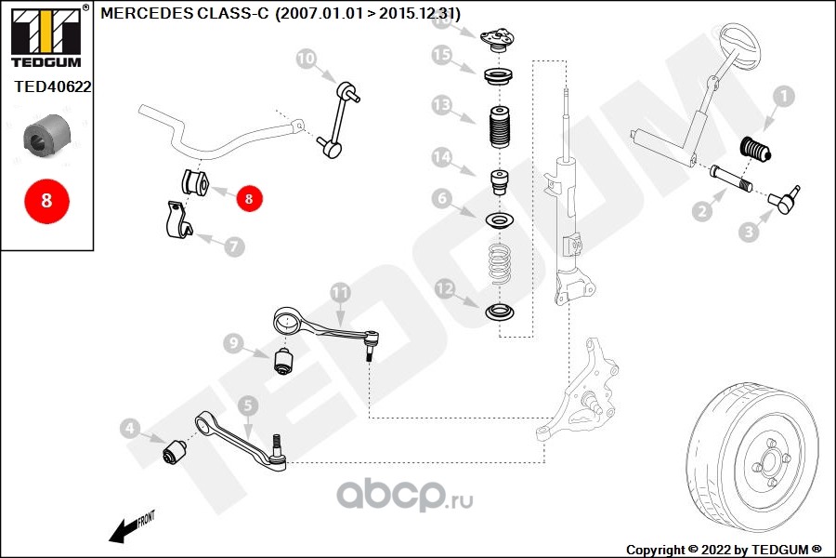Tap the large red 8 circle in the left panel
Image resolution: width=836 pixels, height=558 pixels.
[46, 201]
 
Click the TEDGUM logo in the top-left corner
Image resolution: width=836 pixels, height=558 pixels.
[46, 36]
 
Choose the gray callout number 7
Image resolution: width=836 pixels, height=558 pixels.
[233, 246]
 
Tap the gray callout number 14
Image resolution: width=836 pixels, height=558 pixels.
[442, 160]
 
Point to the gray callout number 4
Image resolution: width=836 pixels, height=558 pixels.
[131, 430]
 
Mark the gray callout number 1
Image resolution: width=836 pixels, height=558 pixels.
[783, 96]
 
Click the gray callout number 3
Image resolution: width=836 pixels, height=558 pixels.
[749, 232]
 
